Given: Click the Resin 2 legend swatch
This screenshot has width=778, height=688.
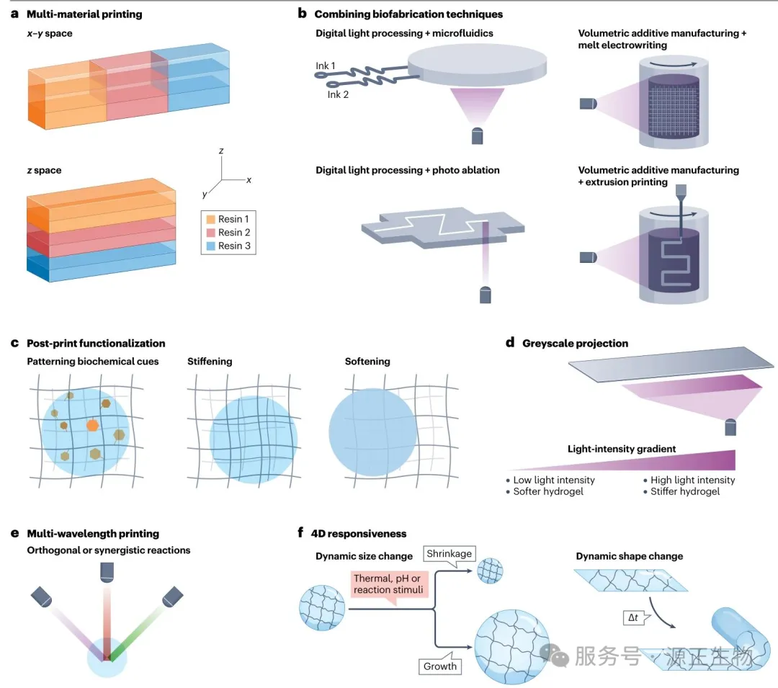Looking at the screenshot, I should pyautogui.click(x=210, y=233).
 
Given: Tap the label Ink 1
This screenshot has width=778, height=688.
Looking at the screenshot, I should pyautogui.click(x=326, y=66).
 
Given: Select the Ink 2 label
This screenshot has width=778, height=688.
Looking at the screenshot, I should pyautogui.click(x=338, y=94).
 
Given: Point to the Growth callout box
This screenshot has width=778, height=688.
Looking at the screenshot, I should pyautogui.click(x=440, y=666).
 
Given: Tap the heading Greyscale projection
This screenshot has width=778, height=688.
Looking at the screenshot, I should pyautogui.click(x=575, y=344).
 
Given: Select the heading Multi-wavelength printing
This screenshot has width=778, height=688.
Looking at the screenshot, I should pyautogui.click(x=93, y=534).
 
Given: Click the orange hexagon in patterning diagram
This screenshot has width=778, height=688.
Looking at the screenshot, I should pyautogui.click(x=93, y=426).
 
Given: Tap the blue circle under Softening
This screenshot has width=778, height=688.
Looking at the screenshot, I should pyautogui.click(x=372, y=433).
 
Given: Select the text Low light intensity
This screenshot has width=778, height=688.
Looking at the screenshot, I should pyautogui.click(x=554, y=481).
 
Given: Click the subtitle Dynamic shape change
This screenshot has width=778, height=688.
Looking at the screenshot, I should pyautogui.click(x=629, y=556).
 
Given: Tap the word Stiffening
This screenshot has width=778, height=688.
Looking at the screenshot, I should pyautogui.click(x=210, y=361).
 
